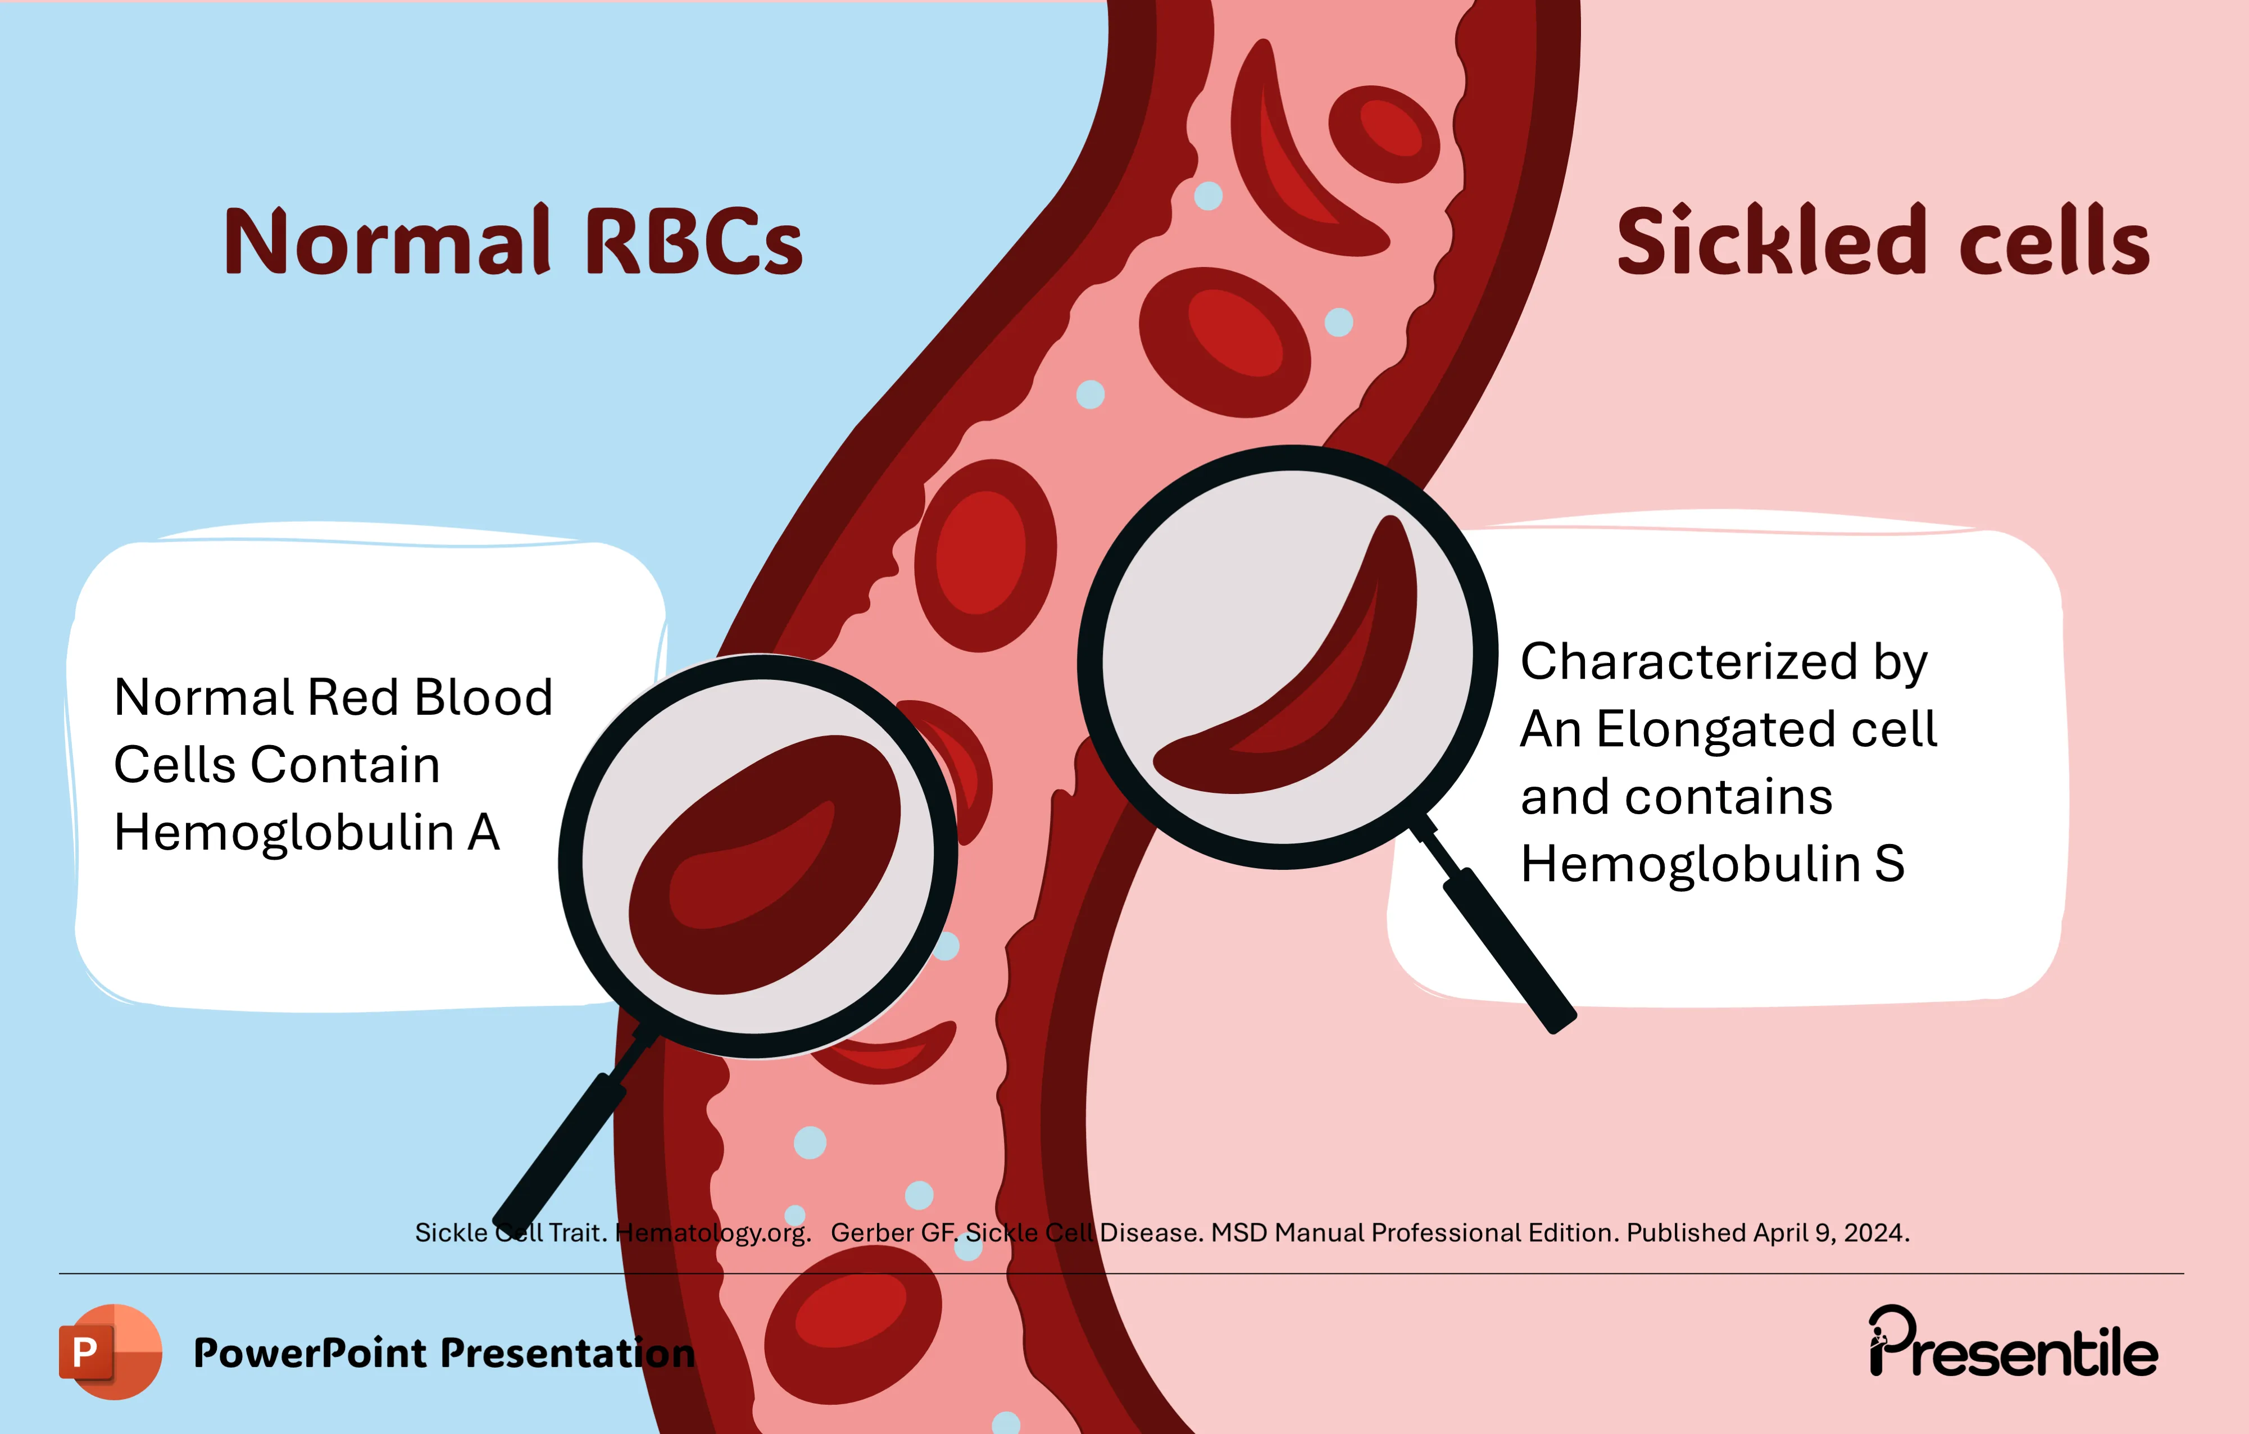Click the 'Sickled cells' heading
(1883, 241)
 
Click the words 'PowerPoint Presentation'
(444, 1353)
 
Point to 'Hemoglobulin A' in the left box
(306, 832)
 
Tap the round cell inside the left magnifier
(761, 864)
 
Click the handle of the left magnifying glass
(560, 1149)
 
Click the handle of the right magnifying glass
(1509, 948)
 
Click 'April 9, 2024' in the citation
(1830, 1233)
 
